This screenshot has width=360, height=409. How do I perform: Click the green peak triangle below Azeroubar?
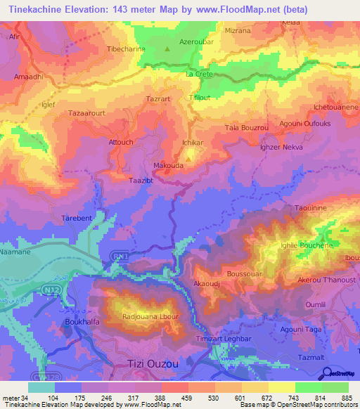click(x=167, y=50)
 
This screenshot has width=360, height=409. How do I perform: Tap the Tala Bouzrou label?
click(x=247, y=127)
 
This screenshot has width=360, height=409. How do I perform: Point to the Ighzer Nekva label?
click(x=282, y=149)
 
